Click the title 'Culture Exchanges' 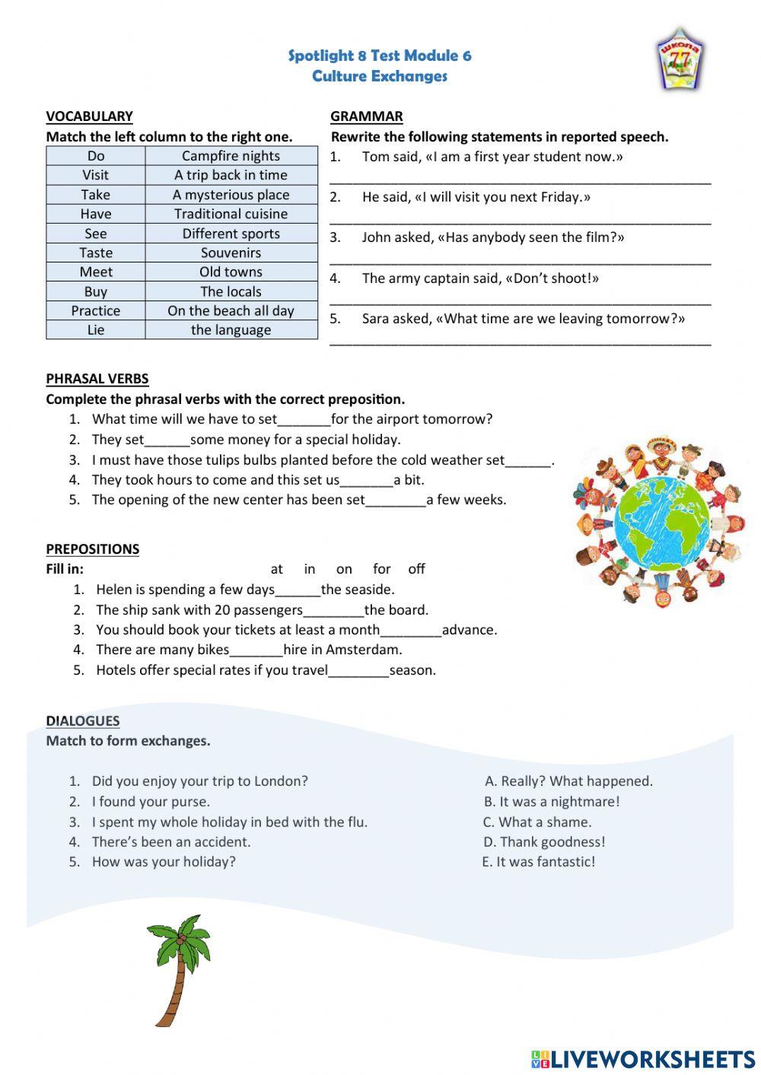(x=379, y=76)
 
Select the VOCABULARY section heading (x=89, y=116)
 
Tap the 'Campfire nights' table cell (x=231, y=156)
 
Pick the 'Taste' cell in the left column (x=96, y=253)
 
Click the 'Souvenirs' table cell (x=231, y=253)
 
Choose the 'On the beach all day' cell (x=231, y=310)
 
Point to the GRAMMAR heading (x=366, y=116)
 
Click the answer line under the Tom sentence (x=521, y=181)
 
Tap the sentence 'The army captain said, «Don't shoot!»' (x=480, y=278)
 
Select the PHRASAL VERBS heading (x=97, y=379)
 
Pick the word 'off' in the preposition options (x=416, y=569)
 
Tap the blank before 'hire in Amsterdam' (x=256, y=650)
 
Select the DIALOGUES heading (x=82, y=720)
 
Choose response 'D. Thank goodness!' (x=544, y=842)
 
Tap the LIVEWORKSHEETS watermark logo (x=642, y=1059)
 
